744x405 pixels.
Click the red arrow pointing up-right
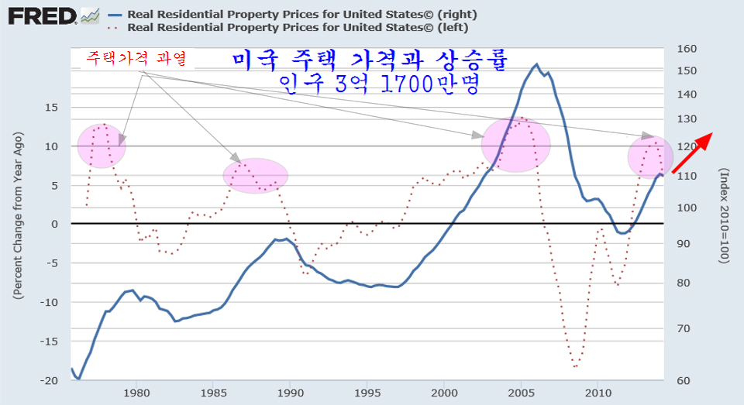point(691,153)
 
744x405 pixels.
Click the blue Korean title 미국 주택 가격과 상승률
point(368,60)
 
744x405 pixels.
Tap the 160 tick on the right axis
point(687,49)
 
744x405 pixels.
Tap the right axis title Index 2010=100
point(724,215)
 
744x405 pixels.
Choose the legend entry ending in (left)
point(299,26)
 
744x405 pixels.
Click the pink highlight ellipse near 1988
point(256,175)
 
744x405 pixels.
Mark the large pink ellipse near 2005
point(516,145)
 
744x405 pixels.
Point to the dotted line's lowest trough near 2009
point(576,366)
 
